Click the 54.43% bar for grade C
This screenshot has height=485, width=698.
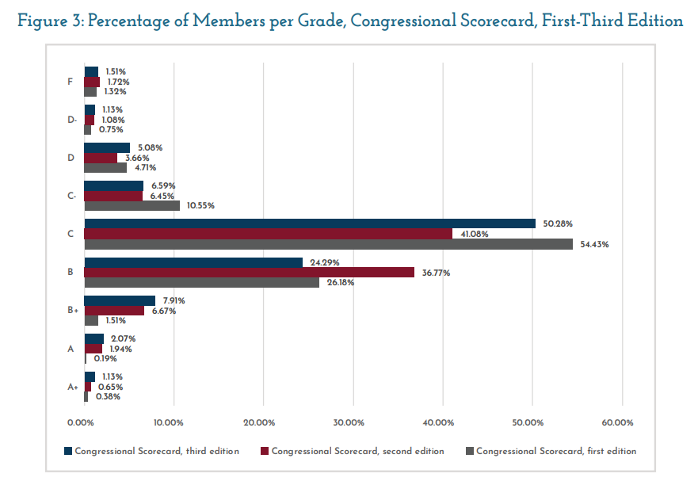(328, 244)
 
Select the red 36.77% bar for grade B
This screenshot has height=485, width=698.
(249, 273)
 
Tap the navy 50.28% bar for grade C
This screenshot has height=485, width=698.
(309, 224)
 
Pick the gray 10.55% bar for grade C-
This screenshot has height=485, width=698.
(132, 205)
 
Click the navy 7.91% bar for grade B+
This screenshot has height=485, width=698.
(120, 301)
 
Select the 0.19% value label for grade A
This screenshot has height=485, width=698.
(105, 358)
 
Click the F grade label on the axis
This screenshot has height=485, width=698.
(71, 81)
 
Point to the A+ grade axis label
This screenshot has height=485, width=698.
(72, 387)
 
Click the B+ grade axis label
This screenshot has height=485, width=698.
(71, 311)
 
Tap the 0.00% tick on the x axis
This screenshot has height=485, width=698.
(82, 422)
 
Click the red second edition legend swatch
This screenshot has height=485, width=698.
(265, 451)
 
